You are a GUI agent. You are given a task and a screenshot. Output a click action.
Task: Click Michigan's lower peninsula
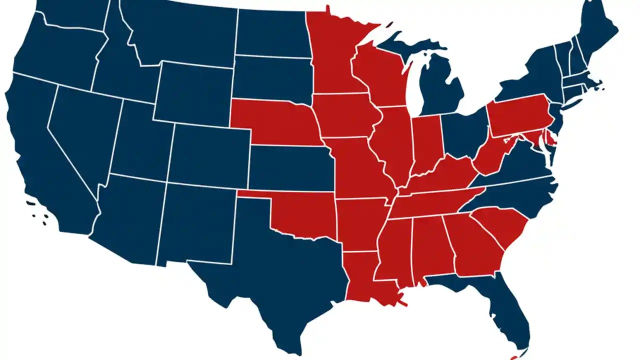point(440,85)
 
